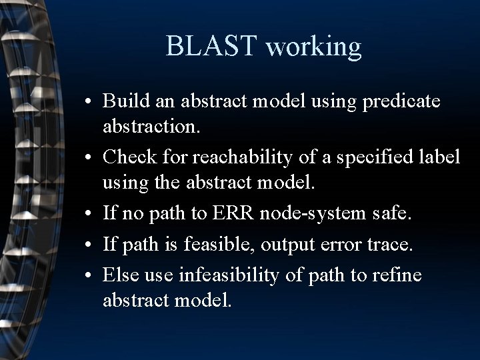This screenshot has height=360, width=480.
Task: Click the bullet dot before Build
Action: tap(88, 101)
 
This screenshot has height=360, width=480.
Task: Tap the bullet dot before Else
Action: tap(88, 275)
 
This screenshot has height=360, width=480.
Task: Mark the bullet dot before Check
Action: tap(88, 159)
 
